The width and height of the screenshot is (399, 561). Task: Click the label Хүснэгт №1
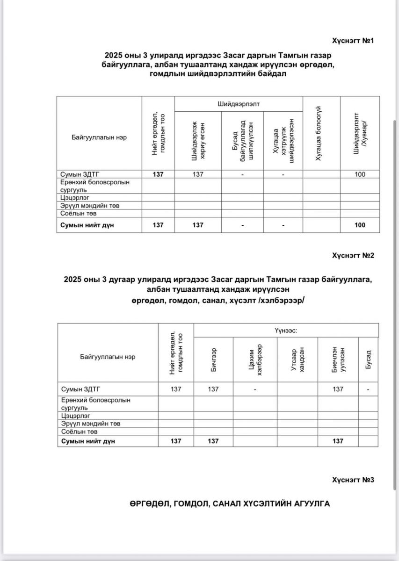tap(353, 41)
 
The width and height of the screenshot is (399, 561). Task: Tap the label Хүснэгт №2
tap(353, 255)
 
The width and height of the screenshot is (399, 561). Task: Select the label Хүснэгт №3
tap(353, 480)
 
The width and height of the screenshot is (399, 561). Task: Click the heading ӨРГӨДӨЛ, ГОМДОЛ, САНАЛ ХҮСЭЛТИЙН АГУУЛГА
tap(230, 503)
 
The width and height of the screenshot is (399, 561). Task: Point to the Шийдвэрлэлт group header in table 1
tap(239, 103)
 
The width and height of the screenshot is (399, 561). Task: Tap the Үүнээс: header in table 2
tap(286, 330)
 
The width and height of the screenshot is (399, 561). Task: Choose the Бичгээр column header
tap(213, 359)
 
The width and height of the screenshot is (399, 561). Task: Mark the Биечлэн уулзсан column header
tap(338, 359)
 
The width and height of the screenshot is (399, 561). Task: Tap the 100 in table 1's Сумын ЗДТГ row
tap(360, 174)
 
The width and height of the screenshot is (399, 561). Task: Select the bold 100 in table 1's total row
tap(360, 225)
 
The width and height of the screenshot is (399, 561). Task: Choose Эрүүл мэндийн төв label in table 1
tap(87, 206)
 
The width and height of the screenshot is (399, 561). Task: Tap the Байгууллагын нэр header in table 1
tap(99, 137)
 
